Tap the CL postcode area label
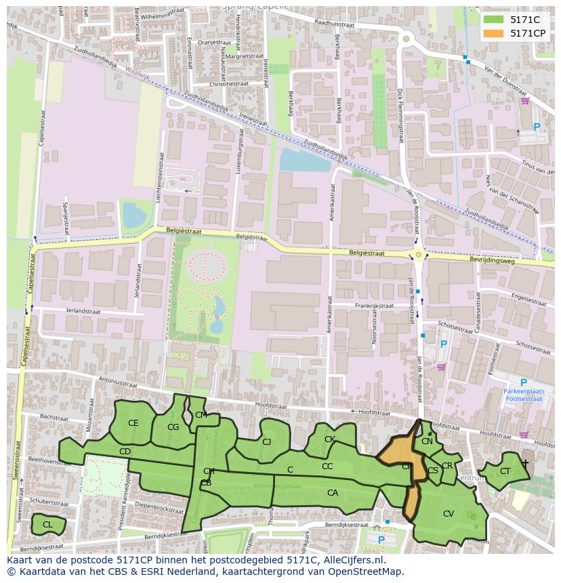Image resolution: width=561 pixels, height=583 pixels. coord(47,525)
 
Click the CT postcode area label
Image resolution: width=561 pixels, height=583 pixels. coord(505,471)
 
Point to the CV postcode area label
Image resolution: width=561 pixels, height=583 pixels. coord(448,514)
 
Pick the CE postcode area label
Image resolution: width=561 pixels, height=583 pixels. coord(133,423)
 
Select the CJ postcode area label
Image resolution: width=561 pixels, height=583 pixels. coord(266,442)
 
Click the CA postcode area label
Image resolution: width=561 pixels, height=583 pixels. coord(332,493)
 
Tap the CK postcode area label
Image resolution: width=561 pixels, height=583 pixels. coord(329,439)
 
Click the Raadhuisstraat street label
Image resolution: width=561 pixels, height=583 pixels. coord(335,23)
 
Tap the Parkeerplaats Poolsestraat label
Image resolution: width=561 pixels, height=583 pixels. coord(522,395)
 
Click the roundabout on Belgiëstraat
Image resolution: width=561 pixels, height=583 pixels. coord(418,255)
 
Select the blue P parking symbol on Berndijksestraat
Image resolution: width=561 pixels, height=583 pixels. coord(381,540)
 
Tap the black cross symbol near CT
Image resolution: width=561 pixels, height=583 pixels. coord(525,463)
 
